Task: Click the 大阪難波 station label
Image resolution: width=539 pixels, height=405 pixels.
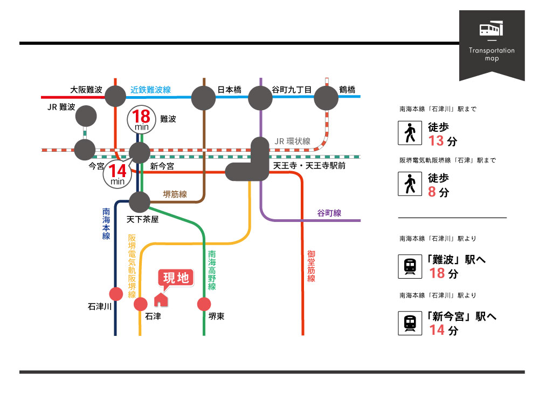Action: tap(86, 90)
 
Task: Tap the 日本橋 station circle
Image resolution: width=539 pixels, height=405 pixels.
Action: tap(203, 98)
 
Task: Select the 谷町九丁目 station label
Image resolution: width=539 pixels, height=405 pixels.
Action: tap(292, 90)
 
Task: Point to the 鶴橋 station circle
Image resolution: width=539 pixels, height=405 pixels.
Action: tap(326, 98)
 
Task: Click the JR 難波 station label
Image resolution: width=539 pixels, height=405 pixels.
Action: tap(61, 107)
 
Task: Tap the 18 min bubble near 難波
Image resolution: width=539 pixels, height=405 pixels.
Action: tap(141, 120)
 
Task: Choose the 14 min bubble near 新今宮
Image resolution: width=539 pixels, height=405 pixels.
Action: tap(118, 174)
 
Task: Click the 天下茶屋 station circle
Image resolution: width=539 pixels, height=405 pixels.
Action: tap(140, 202)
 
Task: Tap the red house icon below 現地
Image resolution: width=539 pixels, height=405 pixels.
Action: tap(161, 299)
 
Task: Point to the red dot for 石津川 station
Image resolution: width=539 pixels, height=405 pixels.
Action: tap(116, 294)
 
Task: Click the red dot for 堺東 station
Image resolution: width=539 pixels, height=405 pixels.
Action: tap(204, 304)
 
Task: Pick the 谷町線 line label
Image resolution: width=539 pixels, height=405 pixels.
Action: tap(329, 213)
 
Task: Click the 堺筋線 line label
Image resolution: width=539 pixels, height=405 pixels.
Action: tap(175, 194)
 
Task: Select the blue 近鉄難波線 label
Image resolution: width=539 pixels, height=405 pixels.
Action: tap(151, 90)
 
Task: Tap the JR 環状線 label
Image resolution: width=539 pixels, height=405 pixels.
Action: tap(293, 141)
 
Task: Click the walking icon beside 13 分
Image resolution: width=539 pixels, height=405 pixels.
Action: tap(410, 133)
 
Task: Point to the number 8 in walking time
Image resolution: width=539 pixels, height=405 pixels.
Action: tap(432, 191)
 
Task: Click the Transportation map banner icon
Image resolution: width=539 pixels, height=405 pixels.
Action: tap(491, 29)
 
